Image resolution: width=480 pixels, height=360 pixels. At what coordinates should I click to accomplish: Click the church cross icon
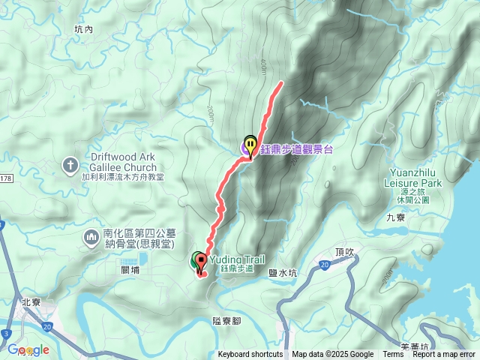pos(70,163)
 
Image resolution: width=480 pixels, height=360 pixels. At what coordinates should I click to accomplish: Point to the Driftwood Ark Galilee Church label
pos(122,161)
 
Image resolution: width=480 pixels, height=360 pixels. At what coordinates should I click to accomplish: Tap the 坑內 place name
pos(83,29)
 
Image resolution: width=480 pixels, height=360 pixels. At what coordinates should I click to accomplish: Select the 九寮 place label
pos(395,217)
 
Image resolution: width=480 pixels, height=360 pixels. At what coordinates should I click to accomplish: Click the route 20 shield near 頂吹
pos(325,264)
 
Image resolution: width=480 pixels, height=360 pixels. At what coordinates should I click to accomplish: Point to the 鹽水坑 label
pos(283,274)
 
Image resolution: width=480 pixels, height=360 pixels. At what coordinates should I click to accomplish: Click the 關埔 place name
pos(130,269)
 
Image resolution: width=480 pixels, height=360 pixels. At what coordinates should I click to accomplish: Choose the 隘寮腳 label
pos(226,320)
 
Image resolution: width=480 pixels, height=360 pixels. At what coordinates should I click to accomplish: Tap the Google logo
pos(28,349)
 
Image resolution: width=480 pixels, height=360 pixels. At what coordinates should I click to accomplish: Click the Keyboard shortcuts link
pos(250,355)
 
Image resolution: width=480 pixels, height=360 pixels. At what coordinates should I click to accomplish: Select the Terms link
pos(393,355)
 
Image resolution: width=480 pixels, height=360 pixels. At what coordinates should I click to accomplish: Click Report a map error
pos(443,355)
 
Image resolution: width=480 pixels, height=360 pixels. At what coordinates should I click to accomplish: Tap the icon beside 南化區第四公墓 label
pos(91,238)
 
